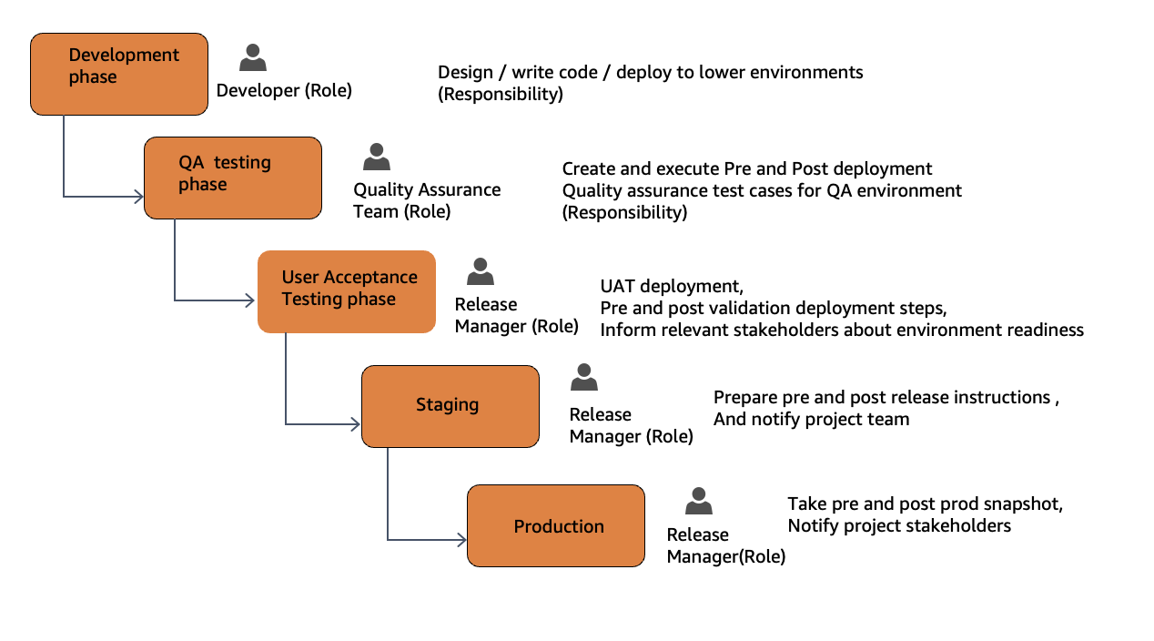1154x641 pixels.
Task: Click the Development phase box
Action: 119,75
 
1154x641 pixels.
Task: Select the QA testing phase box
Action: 233,178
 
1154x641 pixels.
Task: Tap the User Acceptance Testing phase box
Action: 347,291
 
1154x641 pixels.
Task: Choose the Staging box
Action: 450,406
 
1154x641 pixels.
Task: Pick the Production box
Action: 556,526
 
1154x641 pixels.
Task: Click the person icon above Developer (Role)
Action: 253,58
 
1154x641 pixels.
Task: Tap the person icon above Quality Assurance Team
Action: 376,158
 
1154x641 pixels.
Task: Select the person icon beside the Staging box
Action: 583,377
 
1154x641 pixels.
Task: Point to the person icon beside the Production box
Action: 698,501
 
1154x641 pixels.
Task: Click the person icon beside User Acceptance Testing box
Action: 480,271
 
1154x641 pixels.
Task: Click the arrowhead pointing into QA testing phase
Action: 139,196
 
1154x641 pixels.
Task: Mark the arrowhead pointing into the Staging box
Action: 356,424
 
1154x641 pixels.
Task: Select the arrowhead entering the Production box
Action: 461,540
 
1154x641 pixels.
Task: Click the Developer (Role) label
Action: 284,91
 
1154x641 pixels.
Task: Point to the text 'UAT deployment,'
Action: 672,286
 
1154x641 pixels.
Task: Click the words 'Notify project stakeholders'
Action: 899,525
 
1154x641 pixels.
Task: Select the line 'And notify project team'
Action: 811,419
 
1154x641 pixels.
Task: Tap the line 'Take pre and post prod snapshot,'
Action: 925,504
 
